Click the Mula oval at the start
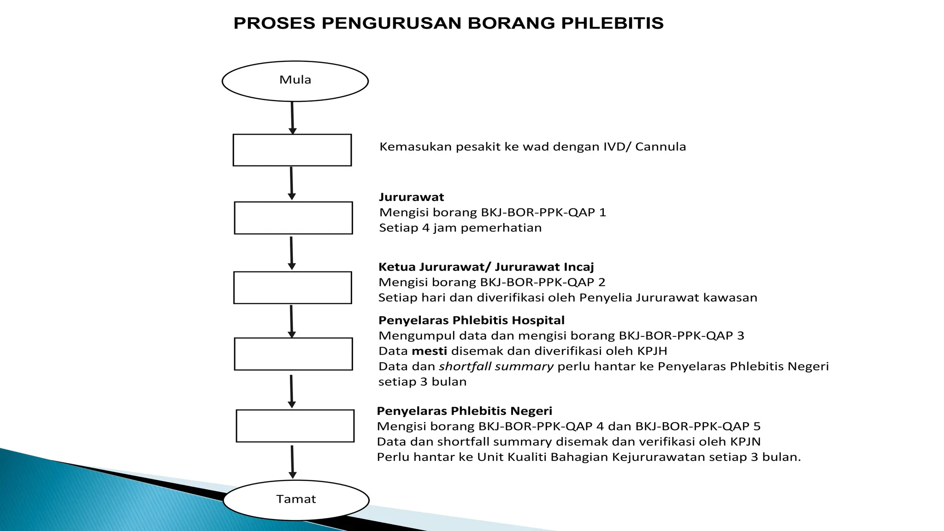[295, 81]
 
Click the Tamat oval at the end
[296, 500]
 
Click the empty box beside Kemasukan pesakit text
[292, 150]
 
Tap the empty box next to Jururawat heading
[293, 218]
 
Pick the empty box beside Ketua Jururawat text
[293, 288]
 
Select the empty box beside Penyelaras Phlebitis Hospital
[293, 354]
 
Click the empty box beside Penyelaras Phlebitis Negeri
[295, 426]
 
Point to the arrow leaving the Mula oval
[292, 118]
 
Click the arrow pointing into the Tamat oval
[292, 462]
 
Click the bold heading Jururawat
[411, 197]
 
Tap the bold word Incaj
[578, 267]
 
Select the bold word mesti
[429, 351]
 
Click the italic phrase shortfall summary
[496, 366]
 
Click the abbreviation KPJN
[745, 442]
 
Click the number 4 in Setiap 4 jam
[425, 228]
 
